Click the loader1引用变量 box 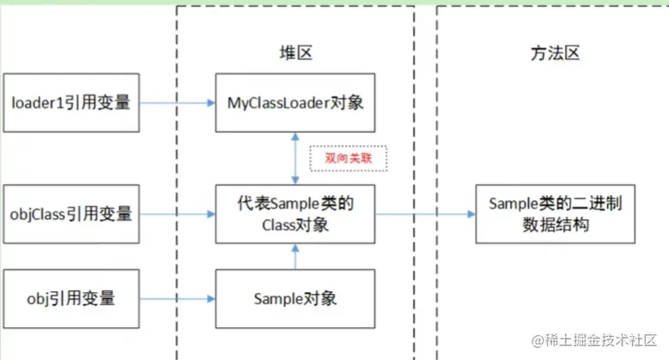pos(70,103)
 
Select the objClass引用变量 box pos(70,213)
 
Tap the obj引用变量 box pos(70,299)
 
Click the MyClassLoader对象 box pos(295,103)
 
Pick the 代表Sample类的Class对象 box pos(295,213)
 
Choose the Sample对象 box pos(295,299)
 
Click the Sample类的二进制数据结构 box pos(549,213)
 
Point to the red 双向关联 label pos(349,158)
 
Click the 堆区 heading pos(295,53)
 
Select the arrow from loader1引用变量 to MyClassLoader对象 pos(176,103)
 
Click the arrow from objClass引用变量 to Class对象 pos(176,213)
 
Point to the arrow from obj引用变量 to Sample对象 pos(176,299)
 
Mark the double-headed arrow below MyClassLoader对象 pos(295,158)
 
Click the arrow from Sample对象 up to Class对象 pos(295,256)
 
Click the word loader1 pos(35,103)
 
